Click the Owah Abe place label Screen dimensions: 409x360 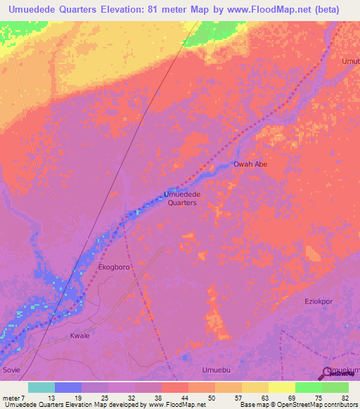click(250, 164)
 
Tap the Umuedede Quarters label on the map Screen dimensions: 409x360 click(181, 198)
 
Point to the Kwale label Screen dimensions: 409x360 click(80, 336)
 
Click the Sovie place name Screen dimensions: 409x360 click(11, 369)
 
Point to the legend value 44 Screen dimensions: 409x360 click(175, 398)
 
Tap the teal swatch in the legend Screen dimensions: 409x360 click(41, 387)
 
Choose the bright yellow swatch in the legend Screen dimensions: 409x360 click(281, 387)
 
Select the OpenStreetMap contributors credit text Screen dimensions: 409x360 click(314, 405)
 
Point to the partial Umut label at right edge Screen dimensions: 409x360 click(350, 61)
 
